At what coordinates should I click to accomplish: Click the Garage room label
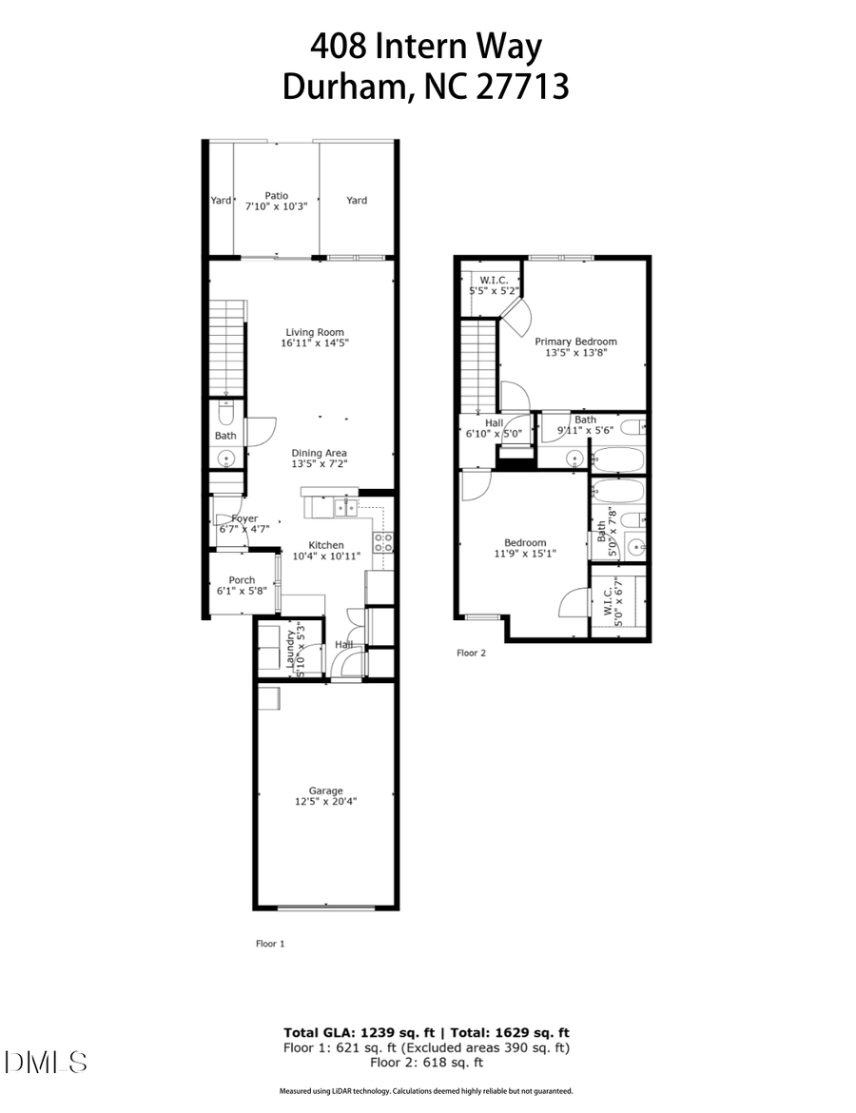click(325, 790)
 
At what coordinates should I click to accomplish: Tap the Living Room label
click(314, 332)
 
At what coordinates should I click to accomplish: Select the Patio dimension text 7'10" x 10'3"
click(277, 206)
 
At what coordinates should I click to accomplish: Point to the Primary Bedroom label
click(575, 342)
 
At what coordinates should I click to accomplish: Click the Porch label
click(242, 580)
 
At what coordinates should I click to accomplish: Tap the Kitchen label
click(325, 545)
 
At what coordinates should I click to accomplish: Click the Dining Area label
click(319, 453)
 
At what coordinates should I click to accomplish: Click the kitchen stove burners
click(384, 543)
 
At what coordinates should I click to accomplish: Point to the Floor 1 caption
click(270, 944)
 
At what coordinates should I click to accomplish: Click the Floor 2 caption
click(471, 654)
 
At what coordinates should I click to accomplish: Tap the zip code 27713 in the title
click(528, 87)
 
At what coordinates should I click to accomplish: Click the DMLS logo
click(46, 1062)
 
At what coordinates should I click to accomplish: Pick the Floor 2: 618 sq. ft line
click(426, 1063)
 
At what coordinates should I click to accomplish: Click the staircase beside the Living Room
click(227, 347)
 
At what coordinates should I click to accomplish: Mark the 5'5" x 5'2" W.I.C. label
click(493, 284)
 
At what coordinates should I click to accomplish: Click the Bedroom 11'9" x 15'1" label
click(525, 548)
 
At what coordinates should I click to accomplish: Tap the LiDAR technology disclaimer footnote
click(426, 1091)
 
